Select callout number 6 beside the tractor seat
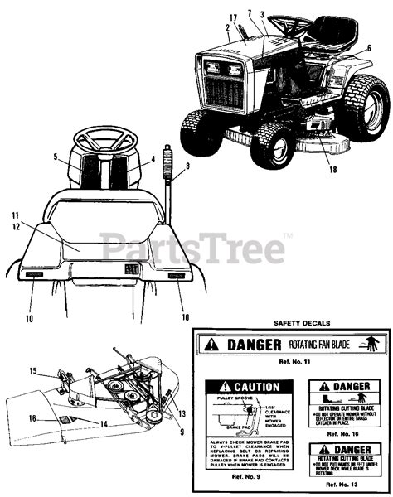coord(367,49)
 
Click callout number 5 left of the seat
coord(56,156)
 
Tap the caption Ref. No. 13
coord(342,485)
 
